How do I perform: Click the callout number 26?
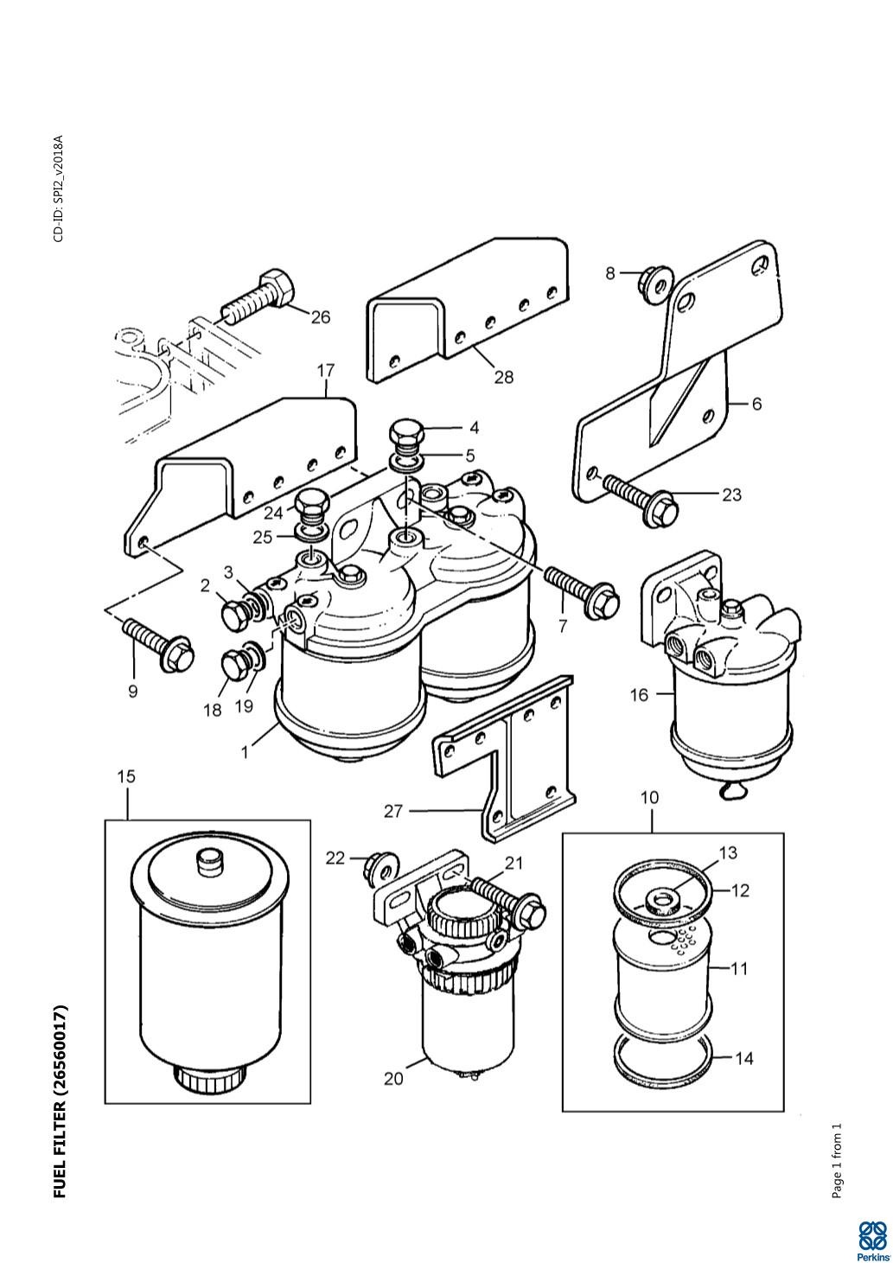click(320, 317)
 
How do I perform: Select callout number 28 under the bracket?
click(504, 377)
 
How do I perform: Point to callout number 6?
click(756, 404)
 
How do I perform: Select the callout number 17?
click(326, 371)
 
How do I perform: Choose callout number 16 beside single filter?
click(640, 695)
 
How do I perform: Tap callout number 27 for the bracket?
click(393, 812)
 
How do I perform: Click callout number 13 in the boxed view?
click(729, 853)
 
